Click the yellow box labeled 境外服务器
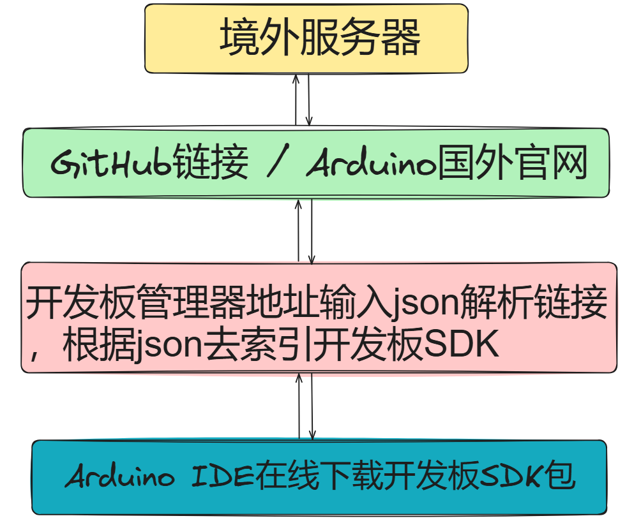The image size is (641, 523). click(306, 38)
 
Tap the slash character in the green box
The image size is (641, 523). click(276, 165)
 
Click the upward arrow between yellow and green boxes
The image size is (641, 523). click(296, 99)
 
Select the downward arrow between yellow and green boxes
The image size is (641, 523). click(309, 99)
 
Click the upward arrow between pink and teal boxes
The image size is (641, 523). click(299, 406)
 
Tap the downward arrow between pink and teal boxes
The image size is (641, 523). click(312, 406)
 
